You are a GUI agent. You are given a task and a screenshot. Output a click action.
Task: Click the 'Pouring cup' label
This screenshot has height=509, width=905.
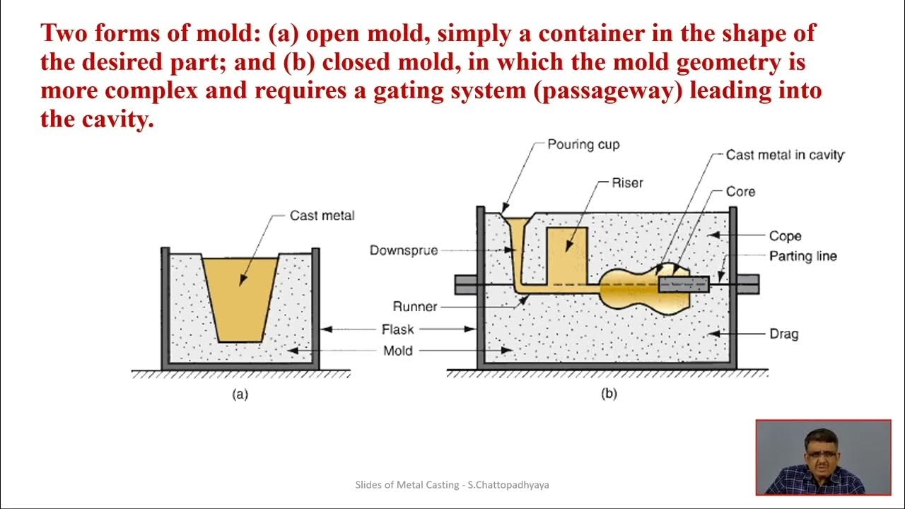point(583,145)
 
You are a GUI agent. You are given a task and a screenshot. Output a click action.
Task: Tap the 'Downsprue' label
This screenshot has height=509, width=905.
point(403,250)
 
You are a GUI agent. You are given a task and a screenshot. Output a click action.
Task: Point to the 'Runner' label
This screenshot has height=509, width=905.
point(415,307)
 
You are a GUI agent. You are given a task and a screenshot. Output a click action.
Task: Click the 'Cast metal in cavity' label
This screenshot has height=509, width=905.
point(785,155)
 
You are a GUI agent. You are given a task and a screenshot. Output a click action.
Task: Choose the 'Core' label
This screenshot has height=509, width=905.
point(740,192)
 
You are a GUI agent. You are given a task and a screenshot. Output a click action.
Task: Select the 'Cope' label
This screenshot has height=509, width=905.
point(785,236)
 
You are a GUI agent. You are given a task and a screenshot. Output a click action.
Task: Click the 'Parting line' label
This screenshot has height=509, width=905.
point(802,256)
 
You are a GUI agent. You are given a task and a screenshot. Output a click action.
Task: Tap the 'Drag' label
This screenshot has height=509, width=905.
point(783,333)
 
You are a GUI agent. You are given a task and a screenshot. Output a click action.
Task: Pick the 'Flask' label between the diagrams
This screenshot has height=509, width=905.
point(397,329)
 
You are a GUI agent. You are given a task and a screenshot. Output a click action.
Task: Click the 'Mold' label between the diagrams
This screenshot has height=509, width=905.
point(397,351)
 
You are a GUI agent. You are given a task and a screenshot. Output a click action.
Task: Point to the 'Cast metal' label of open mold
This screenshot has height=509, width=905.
point(322,216)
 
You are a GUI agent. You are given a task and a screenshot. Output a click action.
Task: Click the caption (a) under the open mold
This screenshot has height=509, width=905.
point(240,394)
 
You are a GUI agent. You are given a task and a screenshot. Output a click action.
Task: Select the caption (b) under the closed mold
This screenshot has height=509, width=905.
point(609,394)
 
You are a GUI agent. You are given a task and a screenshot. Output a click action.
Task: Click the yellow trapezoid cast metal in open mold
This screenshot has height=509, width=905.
point(240,297)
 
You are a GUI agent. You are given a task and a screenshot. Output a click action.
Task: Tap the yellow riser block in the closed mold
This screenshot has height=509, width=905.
point(568,255)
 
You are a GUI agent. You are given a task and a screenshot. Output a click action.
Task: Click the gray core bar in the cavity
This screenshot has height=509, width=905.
point(684,284)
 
